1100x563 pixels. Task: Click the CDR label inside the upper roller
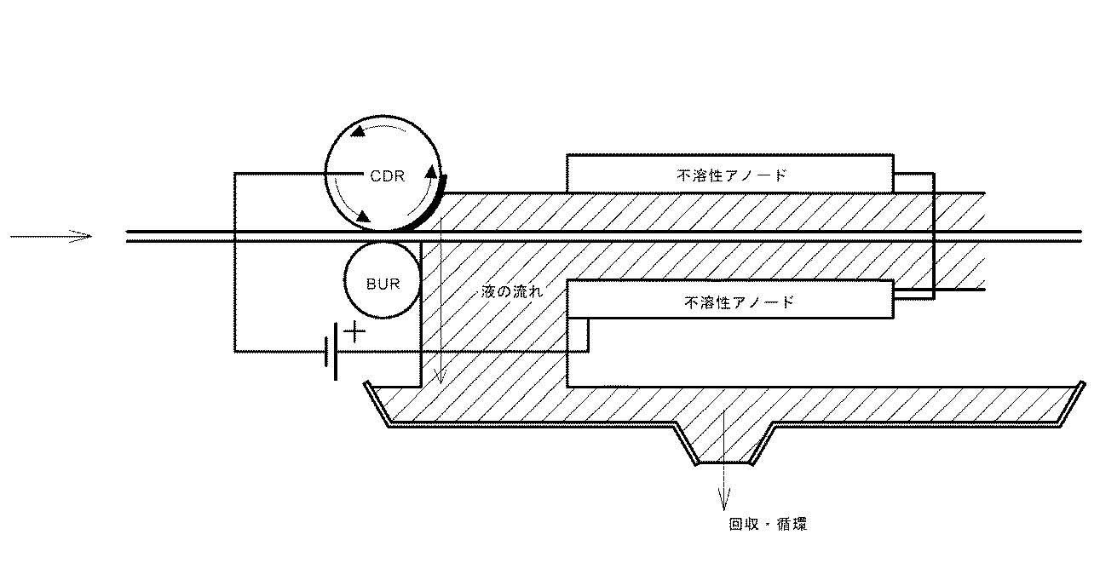[387, 176]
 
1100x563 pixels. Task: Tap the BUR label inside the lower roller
[383, 284]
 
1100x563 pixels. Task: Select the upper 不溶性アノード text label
[732, 175]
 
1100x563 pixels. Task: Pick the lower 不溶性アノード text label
[739, 302]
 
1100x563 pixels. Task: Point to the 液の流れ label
[512, 292]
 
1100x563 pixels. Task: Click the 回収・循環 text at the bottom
[768, 524]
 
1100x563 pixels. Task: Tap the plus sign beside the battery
[354, 332]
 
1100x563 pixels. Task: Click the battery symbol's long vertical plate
[336, 351]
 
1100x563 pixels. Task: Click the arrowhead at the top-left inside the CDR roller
[359, 131]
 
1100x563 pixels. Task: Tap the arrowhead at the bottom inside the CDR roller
[362, 216]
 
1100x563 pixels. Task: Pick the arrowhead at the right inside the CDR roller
[431, 171]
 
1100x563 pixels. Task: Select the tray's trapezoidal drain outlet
[723, 445]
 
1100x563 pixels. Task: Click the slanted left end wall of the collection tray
[377, 404]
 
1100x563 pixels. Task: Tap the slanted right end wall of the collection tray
[1072, 404]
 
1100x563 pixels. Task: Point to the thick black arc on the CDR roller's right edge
[432, 206]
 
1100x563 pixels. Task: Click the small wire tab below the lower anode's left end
[579, 336]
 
